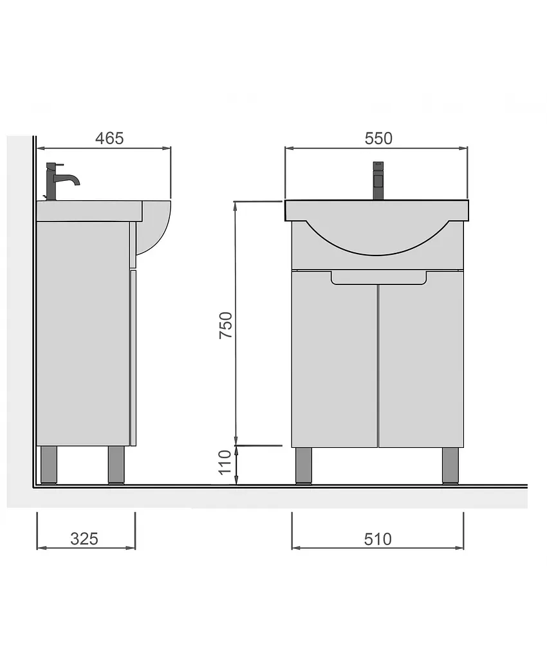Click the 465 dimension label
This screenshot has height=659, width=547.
tap(109, 138)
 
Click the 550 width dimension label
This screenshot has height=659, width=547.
tap(378, 138)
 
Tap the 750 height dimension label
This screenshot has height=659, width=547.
tap(226, 325)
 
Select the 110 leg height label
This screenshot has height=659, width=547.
tap(226, 462)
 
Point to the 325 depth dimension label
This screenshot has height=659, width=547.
tap(84, 539)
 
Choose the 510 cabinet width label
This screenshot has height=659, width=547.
tap(378, 539)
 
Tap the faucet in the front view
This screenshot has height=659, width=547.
tap(378, 181)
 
